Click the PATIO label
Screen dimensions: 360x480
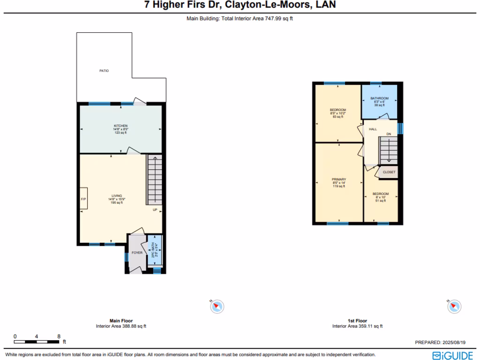click(x=104, y=71)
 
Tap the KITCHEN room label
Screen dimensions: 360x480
click(x=121, y=126)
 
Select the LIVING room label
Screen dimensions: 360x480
click(x=117, y=195)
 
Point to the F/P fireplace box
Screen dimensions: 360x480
click(x=83, y=200)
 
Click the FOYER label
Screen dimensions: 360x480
click(x=137, y=253)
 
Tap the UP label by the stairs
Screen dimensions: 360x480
click(x=155, y=210)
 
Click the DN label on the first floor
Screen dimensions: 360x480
click(x=389, y=135)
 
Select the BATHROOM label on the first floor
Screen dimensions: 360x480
click(x=380, y=98)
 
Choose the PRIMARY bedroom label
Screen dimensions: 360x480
click(x=338, y=180)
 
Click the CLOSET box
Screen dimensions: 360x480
click(x=389, y=172)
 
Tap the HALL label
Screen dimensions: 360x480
click(x=373, y=129)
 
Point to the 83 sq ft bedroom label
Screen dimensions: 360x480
click(x=338, y=113)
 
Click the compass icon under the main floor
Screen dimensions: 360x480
click(x=217, y=307)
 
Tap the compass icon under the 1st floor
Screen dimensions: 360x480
click(x=453, y=307)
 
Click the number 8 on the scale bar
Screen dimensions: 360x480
click(x=59, y=336)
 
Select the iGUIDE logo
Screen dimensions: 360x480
click(x=452, y=355)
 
